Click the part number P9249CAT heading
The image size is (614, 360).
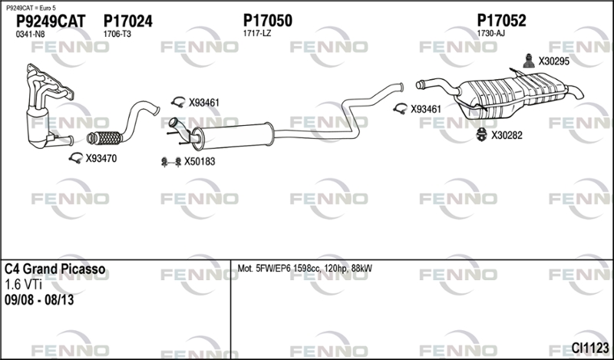click(51, 21)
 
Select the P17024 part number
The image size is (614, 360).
click(128, 21)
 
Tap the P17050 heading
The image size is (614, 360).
click(268, 21)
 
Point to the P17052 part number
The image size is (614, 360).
click(502, 21)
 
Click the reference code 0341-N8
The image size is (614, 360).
click(30, 35)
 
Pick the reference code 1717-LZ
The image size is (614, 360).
click(257, 34)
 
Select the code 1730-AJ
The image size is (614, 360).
click(490, 34)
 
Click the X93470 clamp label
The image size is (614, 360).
click(101, 159)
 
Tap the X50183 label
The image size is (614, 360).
click(200, 161)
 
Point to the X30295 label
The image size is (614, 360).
click(553, 61)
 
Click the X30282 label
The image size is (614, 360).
click(507, 136)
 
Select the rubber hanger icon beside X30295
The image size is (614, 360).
click(529, 61)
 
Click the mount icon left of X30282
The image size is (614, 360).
click(481, 135)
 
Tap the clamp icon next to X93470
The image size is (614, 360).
click(75, 158)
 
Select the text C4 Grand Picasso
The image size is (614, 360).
click(54, 269)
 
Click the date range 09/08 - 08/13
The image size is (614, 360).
click(39, 300)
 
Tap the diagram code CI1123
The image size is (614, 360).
click(590, 348)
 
